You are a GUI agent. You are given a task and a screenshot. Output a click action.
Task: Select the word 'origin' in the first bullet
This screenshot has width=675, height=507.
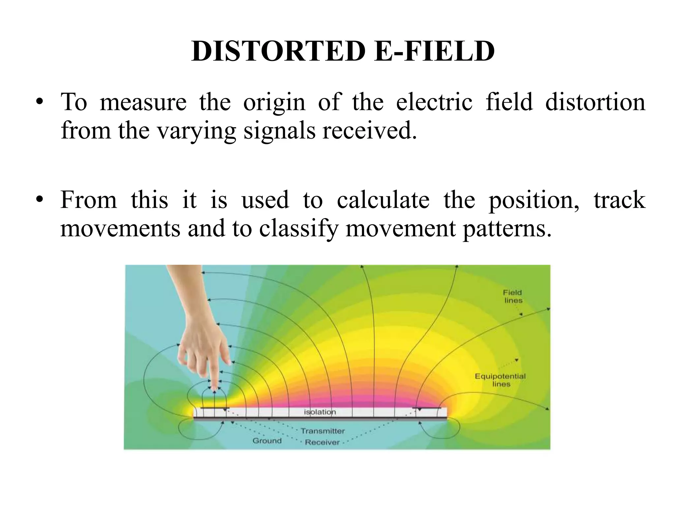click(x=274, y=102)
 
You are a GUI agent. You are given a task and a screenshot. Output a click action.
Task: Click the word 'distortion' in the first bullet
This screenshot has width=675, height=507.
click(x=595, y=102)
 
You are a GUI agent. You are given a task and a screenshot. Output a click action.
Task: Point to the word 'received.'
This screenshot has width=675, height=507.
click(x=369, y=131)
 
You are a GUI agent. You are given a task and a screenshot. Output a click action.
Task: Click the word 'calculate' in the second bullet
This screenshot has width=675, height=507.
click(x=383, y=200)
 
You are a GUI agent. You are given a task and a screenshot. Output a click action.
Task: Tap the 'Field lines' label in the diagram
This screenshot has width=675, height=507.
click(x=513, y=296)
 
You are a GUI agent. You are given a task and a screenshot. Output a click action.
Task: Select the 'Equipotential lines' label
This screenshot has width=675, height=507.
click(x=500, y=380)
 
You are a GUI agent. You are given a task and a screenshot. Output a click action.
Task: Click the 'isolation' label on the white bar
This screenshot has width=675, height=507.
click(x=319, y=412)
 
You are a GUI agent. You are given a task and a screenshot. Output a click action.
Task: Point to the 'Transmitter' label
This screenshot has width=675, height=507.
click(x=322, y=431)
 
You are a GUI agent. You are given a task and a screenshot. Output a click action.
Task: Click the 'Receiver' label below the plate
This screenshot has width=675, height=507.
click(x=322, y=442)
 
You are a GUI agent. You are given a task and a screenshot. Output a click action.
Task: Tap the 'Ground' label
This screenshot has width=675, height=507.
click(x=267, y=441)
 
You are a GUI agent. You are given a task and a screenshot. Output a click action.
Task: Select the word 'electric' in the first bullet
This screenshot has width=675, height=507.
click(x=434, y=102)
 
